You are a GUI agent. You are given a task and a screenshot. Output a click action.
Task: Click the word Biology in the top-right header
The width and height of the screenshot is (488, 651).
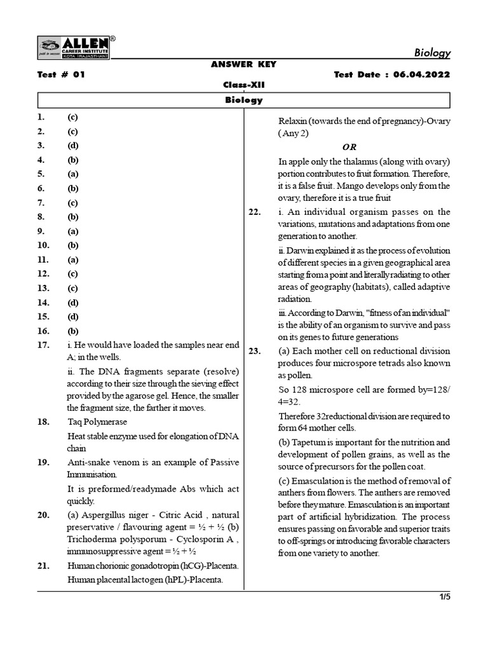point(432,53)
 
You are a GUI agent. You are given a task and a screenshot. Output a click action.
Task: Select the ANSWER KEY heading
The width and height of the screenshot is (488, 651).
point(243,64)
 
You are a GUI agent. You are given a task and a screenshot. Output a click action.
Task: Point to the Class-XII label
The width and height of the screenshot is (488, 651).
point(243,85)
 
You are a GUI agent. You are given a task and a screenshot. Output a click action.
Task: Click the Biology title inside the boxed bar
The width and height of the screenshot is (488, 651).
point(243,100)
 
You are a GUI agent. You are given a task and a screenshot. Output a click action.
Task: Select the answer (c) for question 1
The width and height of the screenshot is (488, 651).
point(72,117)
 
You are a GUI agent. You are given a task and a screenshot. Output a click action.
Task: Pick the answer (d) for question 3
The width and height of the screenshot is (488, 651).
point(72,146)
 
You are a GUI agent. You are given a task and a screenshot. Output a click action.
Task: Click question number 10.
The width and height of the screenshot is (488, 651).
point(43,245)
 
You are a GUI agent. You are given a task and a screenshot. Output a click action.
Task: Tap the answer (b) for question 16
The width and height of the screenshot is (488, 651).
point(72,331)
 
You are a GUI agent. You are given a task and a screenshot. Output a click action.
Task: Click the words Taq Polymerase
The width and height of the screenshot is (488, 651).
point(97,421)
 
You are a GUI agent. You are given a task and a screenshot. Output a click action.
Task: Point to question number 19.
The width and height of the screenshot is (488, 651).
point(43,462)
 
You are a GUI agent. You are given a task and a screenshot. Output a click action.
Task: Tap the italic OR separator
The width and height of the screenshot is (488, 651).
point(349,147)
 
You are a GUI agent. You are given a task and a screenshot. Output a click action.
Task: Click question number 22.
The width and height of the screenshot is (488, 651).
point(255,212)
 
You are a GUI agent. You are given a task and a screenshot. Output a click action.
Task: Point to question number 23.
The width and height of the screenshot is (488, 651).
point(255,351)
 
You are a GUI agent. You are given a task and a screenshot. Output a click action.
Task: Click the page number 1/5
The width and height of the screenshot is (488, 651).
point(444,597)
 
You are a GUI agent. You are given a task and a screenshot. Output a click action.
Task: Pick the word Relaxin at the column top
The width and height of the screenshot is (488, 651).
point(295,121)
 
